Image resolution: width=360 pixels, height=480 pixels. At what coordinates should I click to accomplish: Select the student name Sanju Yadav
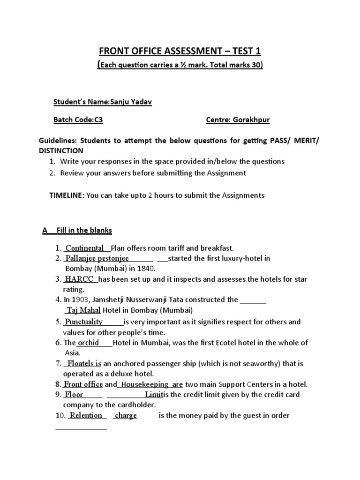pos(135,102)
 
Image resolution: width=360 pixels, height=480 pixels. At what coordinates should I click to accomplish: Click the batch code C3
pos(98,120)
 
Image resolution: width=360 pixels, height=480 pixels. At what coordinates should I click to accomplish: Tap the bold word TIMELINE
pos(66,195)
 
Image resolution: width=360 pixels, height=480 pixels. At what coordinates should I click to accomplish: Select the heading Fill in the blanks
pos(84,231)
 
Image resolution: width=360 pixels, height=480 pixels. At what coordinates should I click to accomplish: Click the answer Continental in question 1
pos(84,248)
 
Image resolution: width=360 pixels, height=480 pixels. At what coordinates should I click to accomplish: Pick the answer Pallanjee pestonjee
pos(97,258)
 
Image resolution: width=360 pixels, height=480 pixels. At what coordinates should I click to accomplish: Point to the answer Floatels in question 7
pos(81,364)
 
